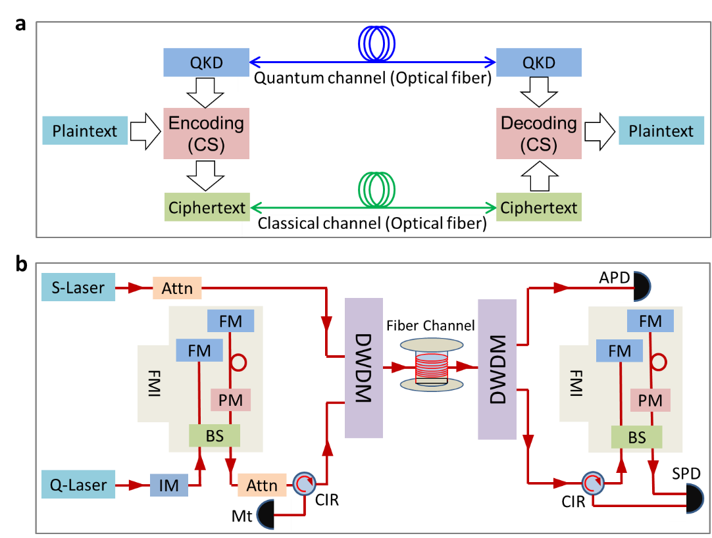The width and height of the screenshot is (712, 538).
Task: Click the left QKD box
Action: (x=206, y=62)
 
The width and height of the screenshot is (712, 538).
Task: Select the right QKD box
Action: (x=538, y=62)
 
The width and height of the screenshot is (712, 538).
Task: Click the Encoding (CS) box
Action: (x=206, y=134)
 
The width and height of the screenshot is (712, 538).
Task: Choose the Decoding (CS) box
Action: (x=538, y=134)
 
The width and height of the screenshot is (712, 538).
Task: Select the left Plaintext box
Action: (x=85, y=130)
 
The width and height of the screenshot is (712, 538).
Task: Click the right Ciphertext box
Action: (x=538, y=208)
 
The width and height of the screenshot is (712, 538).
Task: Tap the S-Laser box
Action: (x=78, y=287)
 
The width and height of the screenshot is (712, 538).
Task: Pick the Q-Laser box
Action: (x=78, y=485)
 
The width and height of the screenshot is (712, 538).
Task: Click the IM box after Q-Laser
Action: (x=169, y=486)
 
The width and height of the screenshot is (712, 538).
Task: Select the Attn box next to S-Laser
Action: (x=177, y=288)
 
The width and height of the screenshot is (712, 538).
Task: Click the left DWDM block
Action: (x=363, y=368)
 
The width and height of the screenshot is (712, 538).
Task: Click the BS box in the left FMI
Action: (x=215, y=435)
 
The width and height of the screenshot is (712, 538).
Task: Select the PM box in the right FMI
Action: (x=650, y=399)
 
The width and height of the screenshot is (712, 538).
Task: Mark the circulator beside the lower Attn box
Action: (x=303, y=485)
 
